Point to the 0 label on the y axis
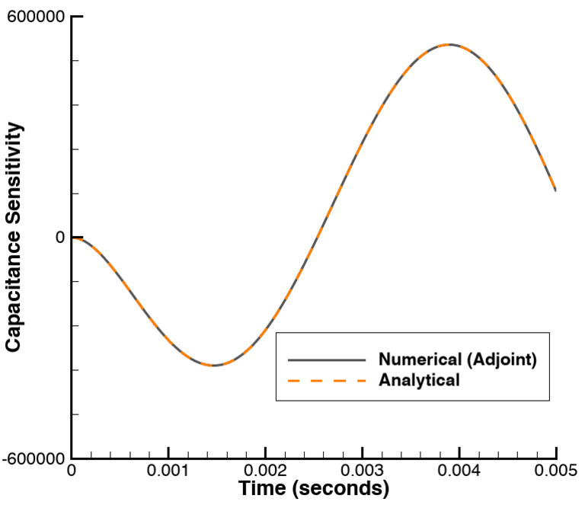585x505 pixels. (x=59, y=237)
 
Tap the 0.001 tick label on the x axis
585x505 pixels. (x=168, y=471)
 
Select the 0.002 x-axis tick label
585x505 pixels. (x=265, y=471)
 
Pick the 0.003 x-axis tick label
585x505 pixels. (x=362, y=471)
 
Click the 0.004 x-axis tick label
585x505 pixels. (x=459, y=471)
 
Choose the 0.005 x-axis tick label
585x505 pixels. (x=555, y=471)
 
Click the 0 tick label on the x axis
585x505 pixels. (x=72, y=471)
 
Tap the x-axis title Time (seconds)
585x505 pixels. (x=314, y=488)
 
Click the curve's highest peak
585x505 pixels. (x=450, y=44)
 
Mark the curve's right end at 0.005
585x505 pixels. (x=555, y=190)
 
